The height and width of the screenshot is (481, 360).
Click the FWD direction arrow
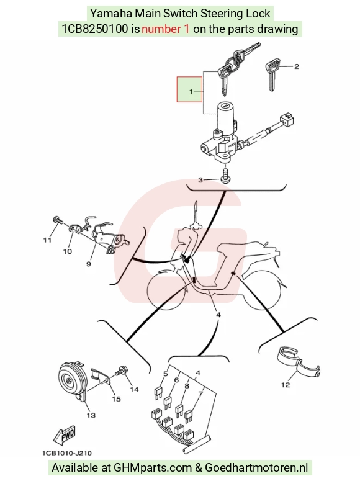pos(65,435)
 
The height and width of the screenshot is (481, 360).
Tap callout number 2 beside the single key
pos(297,66)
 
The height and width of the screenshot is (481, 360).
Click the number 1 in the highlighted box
pos(191,91)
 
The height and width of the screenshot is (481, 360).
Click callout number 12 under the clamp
pos(286,385)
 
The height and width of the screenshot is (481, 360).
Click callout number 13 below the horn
pos(91,415)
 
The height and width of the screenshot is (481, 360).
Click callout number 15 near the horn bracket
pos(116,399)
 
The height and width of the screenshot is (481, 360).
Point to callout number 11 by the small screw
pos(47,240)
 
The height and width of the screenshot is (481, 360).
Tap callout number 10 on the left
pos(68,251)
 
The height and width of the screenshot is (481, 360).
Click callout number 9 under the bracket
pos(89,264)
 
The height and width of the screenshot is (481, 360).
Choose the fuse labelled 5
pos(158,393)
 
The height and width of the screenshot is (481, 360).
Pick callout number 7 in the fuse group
pos(200,394)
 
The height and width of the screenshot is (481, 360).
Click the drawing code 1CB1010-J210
pos(66,453)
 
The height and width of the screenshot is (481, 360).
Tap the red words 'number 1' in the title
pos(166,29)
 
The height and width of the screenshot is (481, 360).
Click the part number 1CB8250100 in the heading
pos(95,29)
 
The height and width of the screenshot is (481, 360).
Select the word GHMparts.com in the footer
pos(153,468)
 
